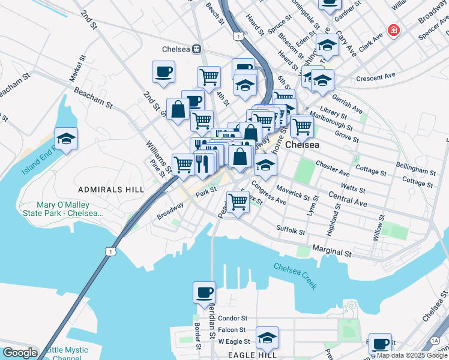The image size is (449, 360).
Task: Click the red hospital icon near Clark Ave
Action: click(x=394, y=30)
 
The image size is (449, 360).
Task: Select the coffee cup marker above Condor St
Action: click(x=204, y=292)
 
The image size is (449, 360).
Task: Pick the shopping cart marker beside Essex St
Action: click(x=238, y=203)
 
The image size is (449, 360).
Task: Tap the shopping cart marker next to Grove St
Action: click(x=302, y=126)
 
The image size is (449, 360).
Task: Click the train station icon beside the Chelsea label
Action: click(x=196, y=49)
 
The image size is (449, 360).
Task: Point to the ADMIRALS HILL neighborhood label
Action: click(x=111, y=190)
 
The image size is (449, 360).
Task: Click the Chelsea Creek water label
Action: click(x=295, y=275)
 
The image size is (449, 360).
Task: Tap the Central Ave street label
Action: click(x=348, y=199)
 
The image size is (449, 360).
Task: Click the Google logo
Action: click(x=20, y=353)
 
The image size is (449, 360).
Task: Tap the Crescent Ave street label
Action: click(x=376, y=77)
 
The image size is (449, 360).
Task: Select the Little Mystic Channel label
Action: click(x=67, y=354)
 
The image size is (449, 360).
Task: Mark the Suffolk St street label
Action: click(x=291, y=229)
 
